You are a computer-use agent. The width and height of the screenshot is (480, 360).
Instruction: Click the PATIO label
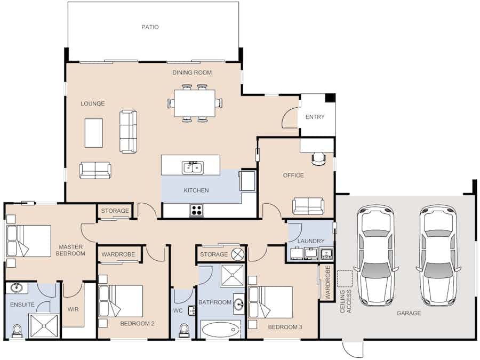point(150,27)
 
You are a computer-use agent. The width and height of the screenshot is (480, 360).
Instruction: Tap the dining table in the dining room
point(195,103)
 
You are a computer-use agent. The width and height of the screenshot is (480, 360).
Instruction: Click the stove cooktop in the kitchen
point(196,210)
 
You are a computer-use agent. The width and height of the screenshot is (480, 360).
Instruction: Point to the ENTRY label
point(315,117)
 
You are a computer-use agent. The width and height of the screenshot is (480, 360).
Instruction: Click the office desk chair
point(318,159)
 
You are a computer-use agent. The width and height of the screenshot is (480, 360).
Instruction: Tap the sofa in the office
point(308,206)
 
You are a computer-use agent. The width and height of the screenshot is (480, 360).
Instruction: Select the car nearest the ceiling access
point(376,255)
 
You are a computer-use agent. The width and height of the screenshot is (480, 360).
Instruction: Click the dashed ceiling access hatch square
point(345,278)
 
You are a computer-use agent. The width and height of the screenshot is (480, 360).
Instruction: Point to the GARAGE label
point(409,313)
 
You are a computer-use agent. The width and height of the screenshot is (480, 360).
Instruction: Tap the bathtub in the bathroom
point(220,329)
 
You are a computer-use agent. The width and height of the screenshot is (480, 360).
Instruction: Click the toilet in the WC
point(183,330)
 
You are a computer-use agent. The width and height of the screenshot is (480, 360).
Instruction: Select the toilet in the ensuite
point(17,331)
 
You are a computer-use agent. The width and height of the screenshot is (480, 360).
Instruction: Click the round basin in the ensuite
point(16,288)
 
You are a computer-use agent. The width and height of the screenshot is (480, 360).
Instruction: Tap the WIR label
point(73,309)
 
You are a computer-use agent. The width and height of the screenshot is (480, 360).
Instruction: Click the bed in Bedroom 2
point(121,301)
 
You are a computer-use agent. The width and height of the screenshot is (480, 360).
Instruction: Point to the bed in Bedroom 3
point(270,302)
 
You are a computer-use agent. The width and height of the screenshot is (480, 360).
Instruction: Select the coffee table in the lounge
point(94,133)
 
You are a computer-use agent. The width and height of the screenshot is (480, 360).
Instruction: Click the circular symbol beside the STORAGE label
point(237,254)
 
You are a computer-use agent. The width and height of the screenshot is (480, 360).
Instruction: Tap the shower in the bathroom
point(233,275)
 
